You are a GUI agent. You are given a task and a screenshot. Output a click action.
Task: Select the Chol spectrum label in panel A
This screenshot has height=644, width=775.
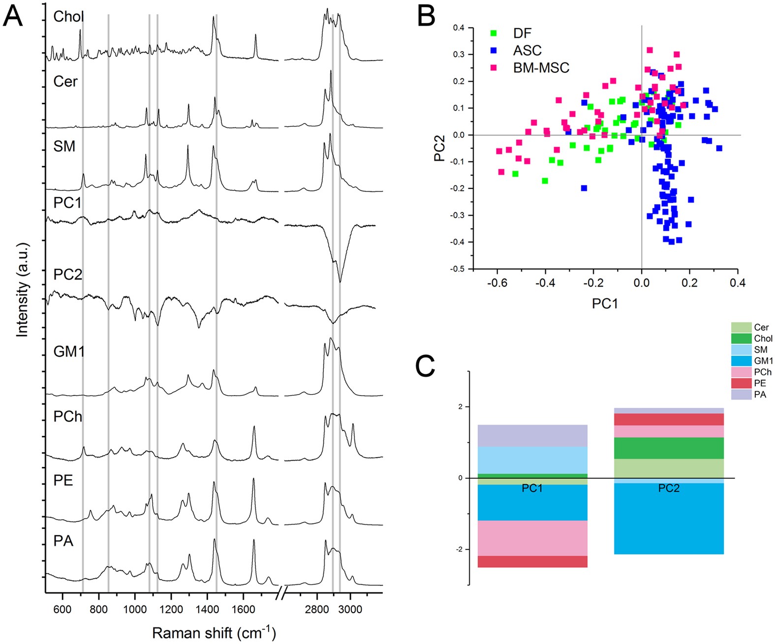point(68,17)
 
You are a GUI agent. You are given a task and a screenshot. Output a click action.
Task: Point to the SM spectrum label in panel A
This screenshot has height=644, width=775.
point(64,146)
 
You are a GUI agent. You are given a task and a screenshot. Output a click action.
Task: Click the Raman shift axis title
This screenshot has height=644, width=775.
point(214,633)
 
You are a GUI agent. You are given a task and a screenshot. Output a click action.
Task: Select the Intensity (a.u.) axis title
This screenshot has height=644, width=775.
point(22,290)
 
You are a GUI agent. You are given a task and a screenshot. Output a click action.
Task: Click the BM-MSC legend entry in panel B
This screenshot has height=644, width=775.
point(541,68)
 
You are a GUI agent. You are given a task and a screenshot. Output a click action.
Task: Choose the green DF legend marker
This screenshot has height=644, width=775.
point(494,33)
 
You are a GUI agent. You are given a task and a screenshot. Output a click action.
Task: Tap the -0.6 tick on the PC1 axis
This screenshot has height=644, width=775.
point(497,283)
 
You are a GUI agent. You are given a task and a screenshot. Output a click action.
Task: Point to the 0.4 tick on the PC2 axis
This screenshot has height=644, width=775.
point(459,28)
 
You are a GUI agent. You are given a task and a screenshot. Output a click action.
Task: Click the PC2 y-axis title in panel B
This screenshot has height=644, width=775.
point(439,148)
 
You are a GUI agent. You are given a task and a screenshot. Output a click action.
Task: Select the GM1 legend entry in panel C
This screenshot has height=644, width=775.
point(763,361)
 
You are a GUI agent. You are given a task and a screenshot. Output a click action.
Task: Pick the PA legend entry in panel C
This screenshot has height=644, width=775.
point(760,395)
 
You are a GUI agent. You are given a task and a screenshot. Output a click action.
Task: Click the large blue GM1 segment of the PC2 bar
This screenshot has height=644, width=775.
point(669,519)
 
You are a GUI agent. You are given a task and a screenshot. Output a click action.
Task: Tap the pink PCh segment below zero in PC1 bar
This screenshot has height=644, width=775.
point(532,538)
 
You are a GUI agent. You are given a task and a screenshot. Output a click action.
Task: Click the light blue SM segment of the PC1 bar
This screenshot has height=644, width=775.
point(532,460)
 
